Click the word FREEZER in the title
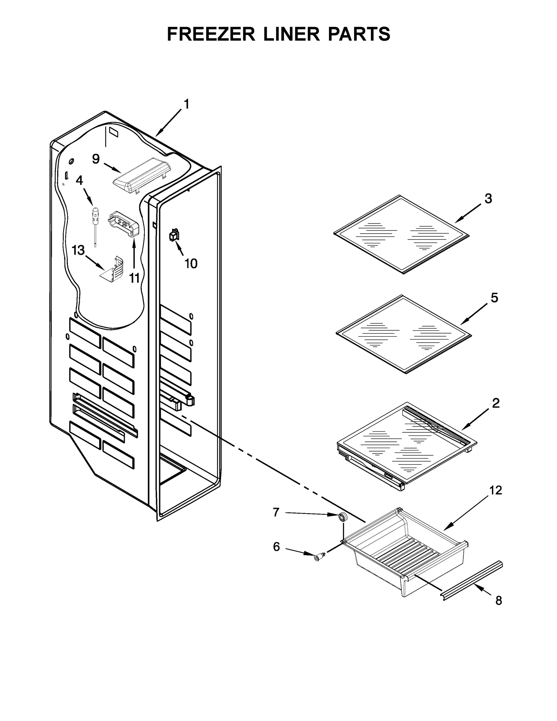[x=212, y=34]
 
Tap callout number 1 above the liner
[x=187, y=104]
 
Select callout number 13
[x=78, y=250]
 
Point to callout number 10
[x=191, y=264]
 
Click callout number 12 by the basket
[x=496, y=490]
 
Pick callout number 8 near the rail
[x=499, y=601]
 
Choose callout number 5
[x=494, y=298]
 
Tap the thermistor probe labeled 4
[x=94, y=222]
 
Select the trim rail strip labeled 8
[x=472, y=576]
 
